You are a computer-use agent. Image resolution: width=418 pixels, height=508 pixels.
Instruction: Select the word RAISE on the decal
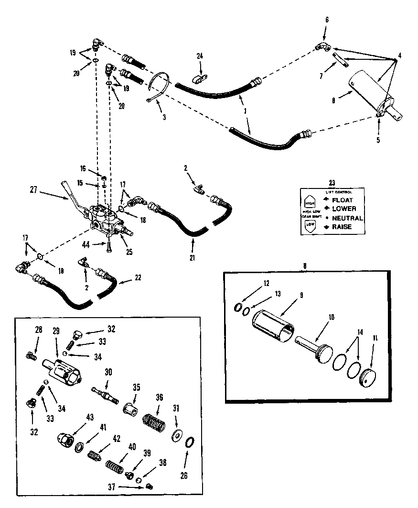coord(342,227)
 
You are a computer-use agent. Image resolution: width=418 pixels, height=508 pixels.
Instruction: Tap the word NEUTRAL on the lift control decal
coord(347,218)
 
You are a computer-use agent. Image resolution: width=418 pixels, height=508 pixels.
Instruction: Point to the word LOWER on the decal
coord(344,209)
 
